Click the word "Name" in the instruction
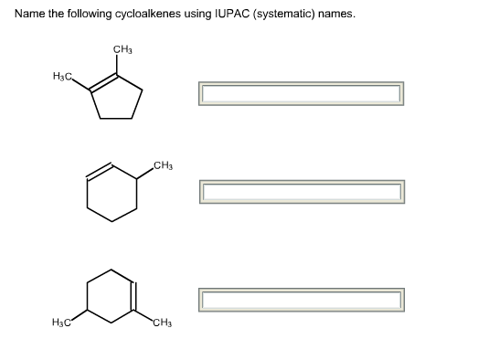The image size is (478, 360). (x=28, y=15)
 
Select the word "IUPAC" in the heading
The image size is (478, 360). (x=230, y=15)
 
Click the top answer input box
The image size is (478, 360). (x=301, y=93)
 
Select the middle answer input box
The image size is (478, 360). (x=301, y=192)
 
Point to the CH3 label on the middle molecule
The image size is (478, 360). (x=164, y=165)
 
